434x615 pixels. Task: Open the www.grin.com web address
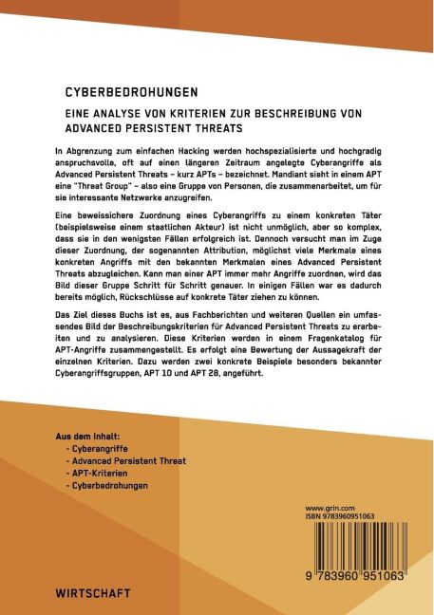pyautogui.click(x=329, y=508)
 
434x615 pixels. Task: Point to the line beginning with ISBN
pyautogui.click(x=339, y=517)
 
